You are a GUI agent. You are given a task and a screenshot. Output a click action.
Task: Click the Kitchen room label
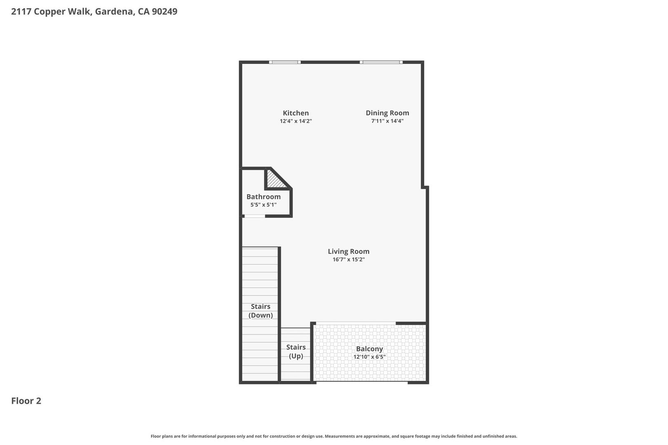pyautogui.click(x=296, y=113)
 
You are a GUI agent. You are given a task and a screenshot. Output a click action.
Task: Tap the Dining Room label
pyautogui.click(x=387, y=113)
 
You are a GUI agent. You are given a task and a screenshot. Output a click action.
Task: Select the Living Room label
pyautogui.click(x=348, y=252)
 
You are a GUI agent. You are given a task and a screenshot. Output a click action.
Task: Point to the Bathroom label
pyautogui.click(x=263, y=197)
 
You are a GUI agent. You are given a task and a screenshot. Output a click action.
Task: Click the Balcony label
pyautogui.click(x=369, y=349)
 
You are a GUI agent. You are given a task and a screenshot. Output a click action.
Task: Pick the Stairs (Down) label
pyautogui.click(x=261, y=311)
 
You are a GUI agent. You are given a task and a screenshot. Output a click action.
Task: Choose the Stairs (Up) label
pyautogui.click(x=296, y=352)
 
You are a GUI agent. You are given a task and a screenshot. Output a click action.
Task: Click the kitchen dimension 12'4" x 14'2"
pyautogui.click(x=296, y=121)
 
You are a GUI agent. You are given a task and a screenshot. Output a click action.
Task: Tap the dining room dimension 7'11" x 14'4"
pyautogui.click(x=387, y=121)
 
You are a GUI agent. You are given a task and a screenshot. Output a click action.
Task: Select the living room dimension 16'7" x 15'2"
pyautogui.click(x=348, y=259)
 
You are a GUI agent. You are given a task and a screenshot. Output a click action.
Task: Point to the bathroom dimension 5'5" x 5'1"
pyautogui.click(x=263, y=205)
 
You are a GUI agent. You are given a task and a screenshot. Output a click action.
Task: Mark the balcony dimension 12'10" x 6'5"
pyautogui.click(x=369, y=357)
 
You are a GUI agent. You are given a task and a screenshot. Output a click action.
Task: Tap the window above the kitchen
pyautogui.click(x=285, y=62)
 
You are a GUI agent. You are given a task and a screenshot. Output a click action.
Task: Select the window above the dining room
pyautogui.click(x=381, y=62)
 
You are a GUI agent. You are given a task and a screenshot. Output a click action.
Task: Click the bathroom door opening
pyautogui.click(x=255, y=216)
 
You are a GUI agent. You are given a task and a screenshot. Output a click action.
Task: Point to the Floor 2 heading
pyautogui.click(x=26, y=401)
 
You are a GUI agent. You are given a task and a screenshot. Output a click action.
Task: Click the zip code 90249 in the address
pyautogui.click(x=165, y=11)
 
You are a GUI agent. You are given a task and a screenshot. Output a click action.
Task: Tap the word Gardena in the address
pyautogui.click(x=115, y=12)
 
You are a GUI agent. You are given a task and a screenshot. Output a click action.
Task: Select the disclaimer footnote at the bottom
pyautogui.click(x=334, y=436)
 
